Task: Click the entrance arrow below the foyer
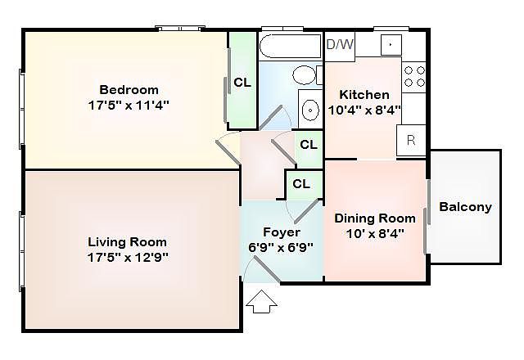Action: pos(261,302)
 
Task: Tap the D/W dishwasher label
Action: pos(340,44)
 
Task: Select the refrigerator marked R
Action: pos(411,140)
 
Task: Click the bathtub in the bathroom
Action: pos(290,47)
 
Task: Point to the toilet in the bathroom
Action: pos(306,74)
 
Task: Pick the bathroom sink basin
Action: pos(311,110)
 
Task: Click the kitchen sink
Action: pos(391,45)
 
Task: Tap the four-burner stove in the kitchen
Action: pos(414,77)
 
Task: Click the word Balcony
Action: pos(465,207)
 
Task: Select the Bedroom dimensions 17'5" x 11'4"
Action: pos(129,106)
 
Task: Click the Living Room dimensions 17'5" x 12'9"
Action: pos(128,258)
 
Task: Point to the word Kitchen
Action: pos(364,95)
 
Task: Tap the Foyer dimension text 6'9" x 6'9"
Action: pos(281,247)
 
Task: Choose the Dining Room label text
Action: pos(375,218)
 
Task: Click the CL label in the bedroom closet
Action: pos(242,82)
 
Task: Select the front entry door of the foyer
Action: pos(266,269)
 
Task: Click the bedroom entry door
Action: pos(228,153)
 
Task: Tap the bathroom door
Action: pos(271,117)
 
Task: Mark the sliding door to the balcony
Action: pos(427,216)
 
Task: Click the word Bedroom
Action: pos(129,90)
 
